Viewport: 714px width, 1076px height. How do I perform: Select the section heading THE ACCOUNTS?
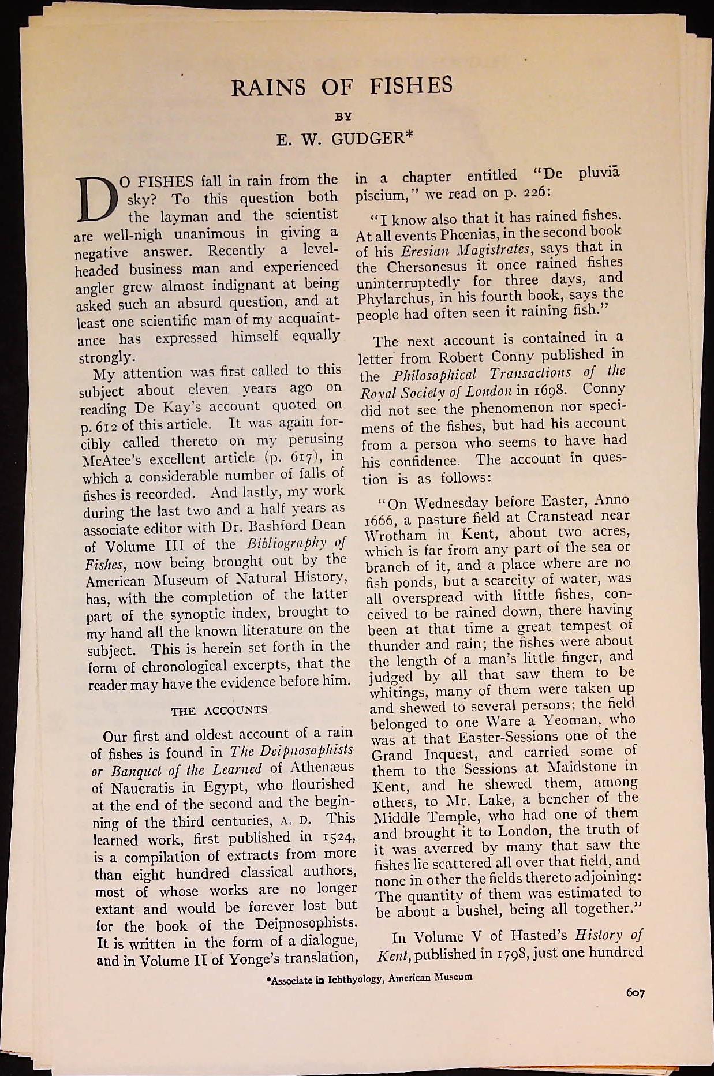coord(219,711)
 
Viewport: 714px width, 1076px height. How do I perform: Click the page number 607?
coord(634,993)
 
